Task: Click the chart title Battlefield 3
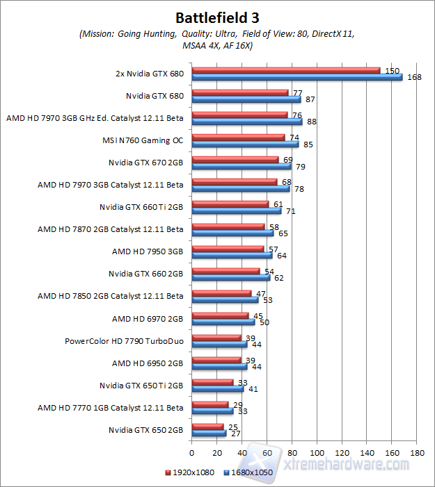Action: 217,17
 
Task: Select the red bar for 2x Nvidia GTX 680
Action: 286,69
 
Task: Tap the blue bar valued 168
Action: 297,76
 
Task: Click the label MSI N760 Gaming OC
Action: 143,140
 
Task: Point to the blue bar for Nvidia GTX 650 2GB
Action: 209,434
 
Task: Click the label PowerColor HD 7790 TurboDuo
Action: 124,341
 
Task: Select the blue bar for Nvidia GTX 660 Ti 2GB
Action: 236,211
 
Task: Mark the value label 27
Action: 235,434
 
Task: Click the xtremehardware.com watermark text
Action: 352,459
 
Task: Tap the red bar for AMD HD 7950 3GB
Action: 228,249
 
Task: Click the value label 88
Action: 311,122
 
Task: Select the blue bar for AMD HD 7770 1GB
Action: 212,411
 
